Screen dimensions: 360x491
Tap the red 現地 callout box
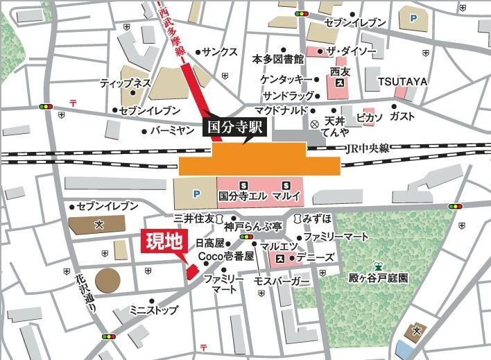pyautogui.click(x=163, y=242)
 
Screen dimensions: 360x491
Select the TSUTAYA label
pyautogui.click(x=402, y=82)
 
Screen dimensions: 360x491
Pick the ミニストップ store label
pyautogui.click(x=154, y=310)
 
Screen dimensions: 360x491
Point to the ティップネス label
pyautogui.click(x=125, y=82)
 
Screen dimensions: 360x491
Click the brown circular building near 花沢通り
pyautogui.click(x=107, y=280)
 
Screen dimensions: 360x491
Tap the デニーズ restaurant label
pyautogui.click(x=319, y=257)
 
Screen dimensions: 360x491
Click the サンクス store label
pyautogui.click(x=220, y=51)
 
